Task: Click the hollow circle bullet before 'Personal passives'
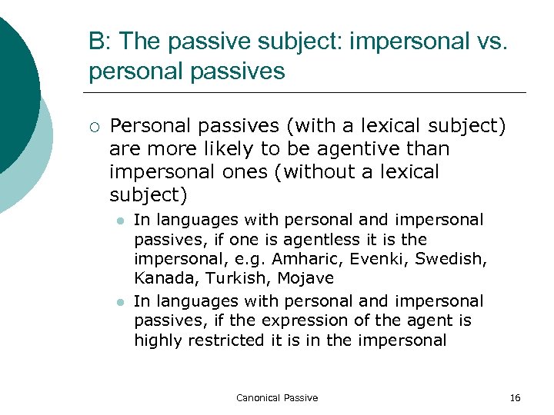(94, 126)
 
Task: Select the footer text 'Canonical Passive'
(277, 397)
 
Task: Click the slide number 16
(515, 397)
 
